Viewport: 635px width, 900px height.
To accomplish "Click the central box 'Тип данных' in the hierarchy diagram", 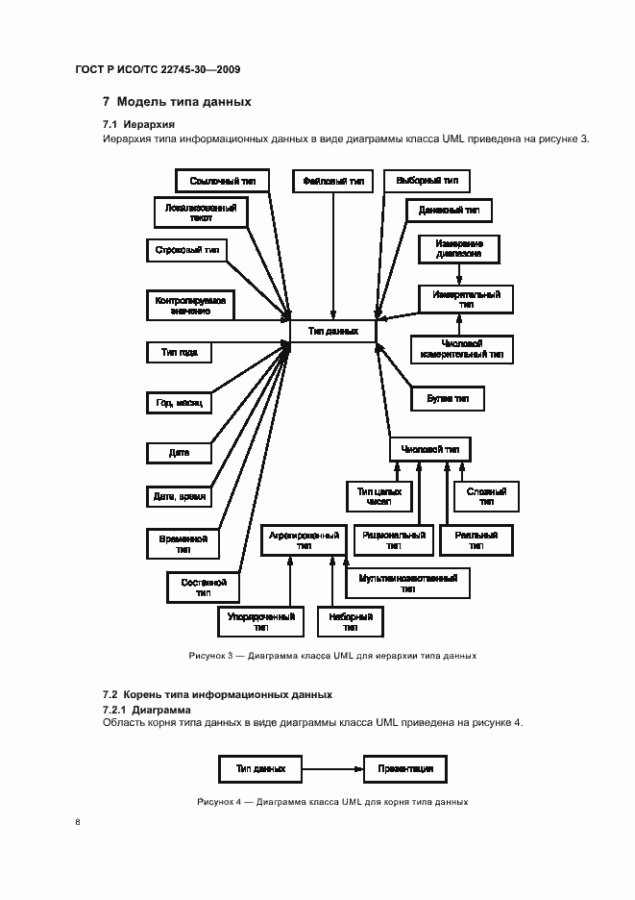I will pyautogui.click(x=332, y=331).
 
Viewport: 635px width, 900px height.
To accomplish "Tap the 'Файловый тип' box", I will pyautogui.click(x=332, y=181).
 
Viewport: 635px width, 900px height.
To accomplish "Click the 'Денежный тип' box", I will pyautogui.click(x=449, y=210).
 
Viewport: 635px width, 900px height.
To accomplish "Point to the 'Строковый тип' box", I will pyautogui.click(x=186, y=250).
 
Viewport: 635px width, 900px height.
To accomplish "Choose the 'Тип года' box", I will pyautogui.click(x=178, y=353).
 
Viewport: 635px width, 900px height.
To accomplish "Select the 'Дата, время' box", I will pyautogui.click(x=178, y=497).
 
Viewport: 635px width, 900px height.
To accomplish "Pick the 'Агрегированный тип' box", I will pyautogui.click(x=304, y=539).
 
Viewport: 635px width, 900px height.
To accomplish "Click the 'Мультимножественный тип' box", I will pyautogui.click(x=407, y=584).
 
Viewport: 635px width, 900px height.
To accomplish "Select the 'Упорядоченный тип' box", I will pyautogui.click(x=260, y=621).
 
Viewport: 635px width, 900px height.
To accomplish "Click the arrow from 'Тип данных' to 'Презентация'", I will pyautogui.click(x=331, y=769).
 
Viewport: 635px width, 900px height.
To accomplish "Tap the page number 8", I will pyautogui.click(x=77, y=822).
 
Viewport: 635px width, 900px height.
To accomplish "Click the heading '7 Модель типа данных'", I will pyautogui.click(x=177, y=101).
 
